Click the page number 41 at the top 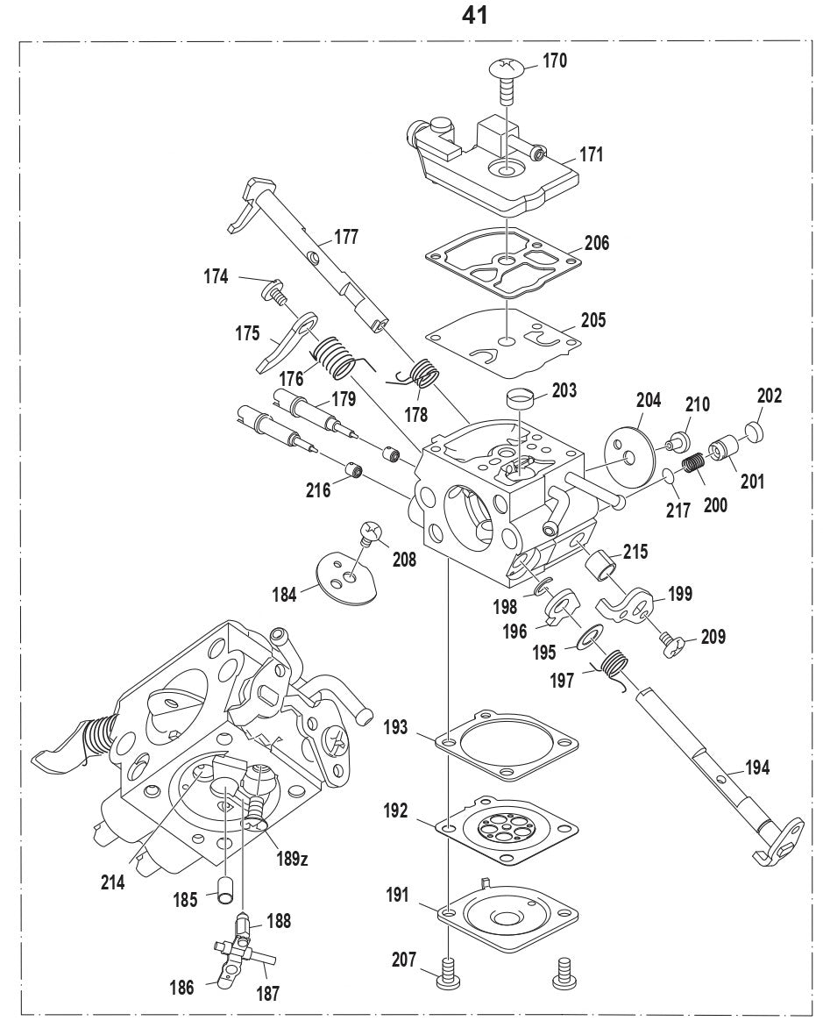pos(474,15)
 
